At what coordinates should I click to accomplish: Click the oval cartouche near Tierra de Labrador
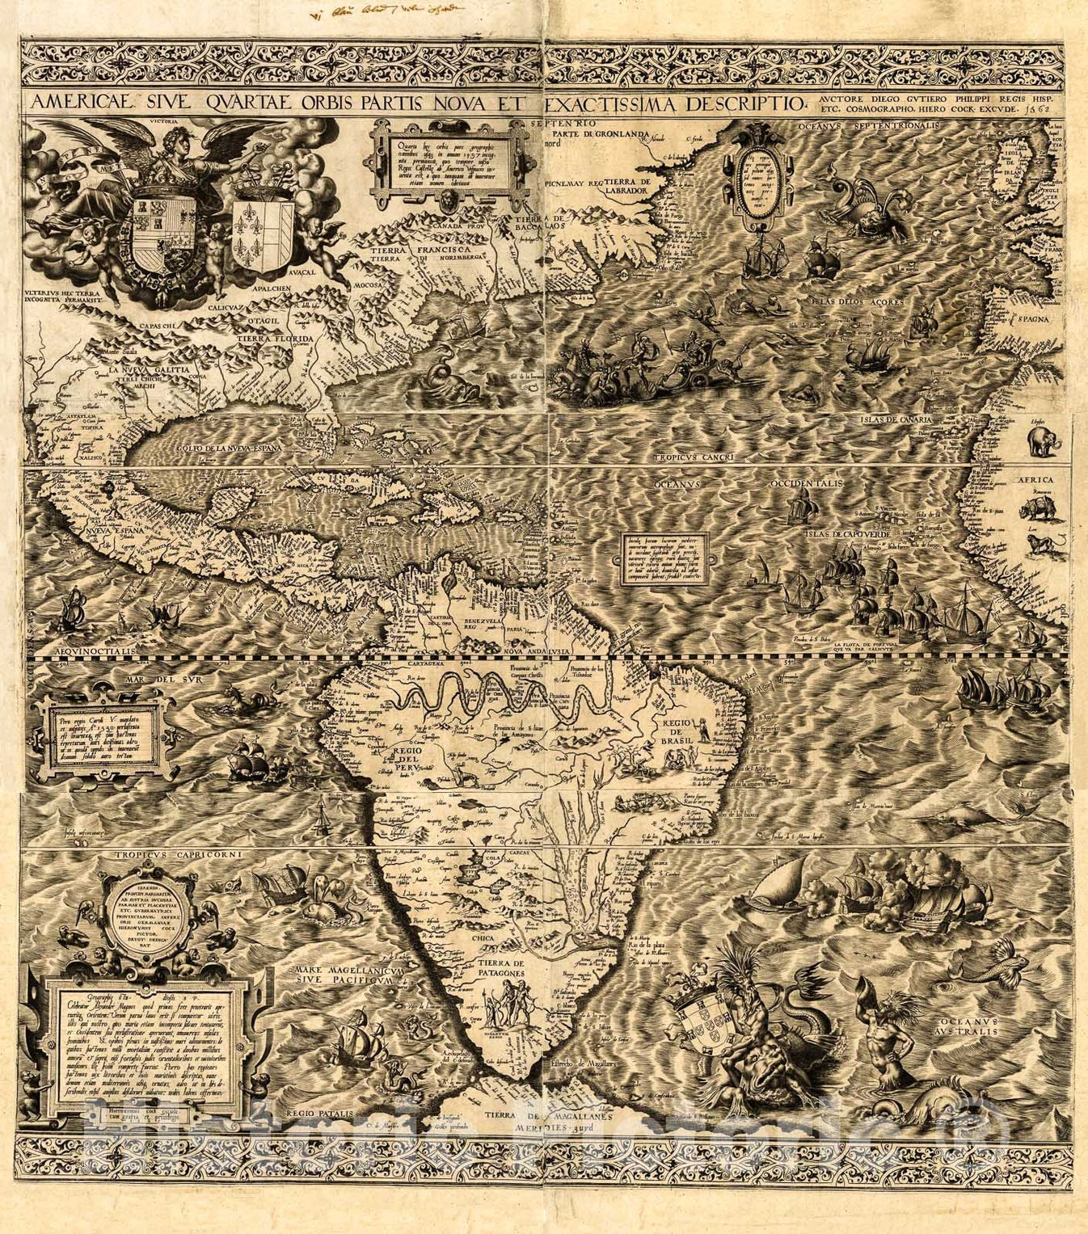click(x=759, y=171)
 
